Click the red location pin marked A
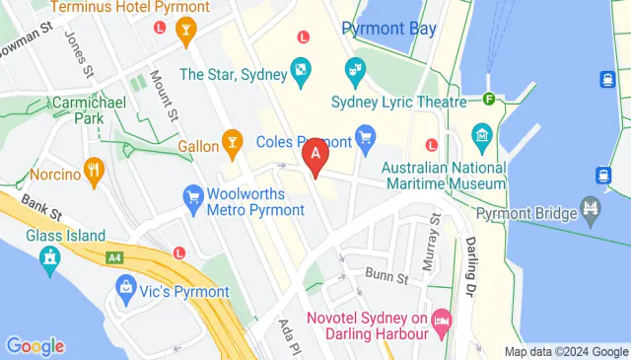pos(315,156)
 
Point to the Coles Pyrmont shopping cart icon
pos(366,135)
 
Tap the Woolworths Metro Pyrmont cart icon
pos(193,198)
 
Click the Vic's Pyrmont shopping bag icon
pos(126,289)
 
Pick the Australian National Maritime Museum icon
pos(482,134)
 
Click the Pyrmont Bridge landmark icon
pos(592,207)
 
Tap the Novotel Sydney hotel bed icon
pos(442,321)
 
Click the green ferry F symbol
pos(489,98)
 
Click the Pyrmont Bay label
pos(388,29)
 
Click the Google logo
pos(35,346)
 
